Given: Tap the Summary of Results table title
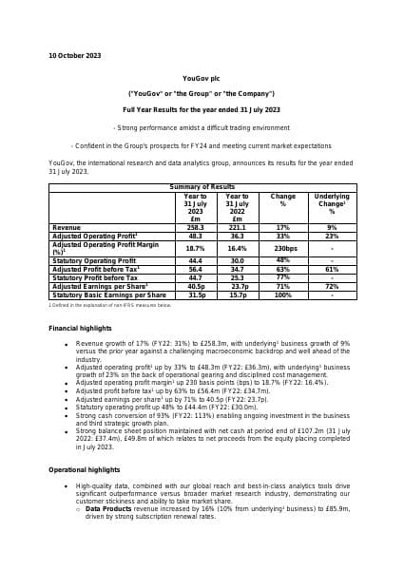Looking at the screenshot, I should [x=202, y=187].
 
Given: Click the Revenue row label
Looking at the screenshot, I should [x=67, y=228].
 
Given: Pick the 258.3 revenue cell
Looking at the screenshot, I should [x=195, y=228].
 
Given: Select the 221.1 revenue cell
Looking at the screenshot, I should [x=238, y=228].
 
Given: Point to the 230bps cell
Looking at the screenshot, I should [x=283, y=247].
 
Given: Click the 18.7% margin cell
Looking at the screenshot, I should [x=195, y=247].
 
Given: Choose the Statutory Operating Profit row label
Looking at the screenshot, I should [x=94, y=260].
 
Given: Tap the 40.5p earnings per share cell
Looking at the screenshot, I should [x=197, y=286].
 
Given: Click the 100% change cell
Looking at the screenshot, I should [x=283, y=295].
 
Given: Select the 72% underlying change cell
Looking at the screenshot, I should [x=332, y=286].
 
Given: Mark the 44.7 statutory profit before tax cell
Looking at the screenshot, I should [x=195, y=277].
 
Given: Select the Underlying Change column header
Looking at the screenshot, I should [x=332, y=203].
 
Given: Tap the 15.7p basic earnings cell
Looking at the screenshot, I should [x=239, y=295].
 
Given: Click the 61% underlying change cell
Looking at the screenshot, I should [x=332, y=269].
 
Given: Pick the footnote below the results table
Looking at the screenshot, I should [x=110, y=305].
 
